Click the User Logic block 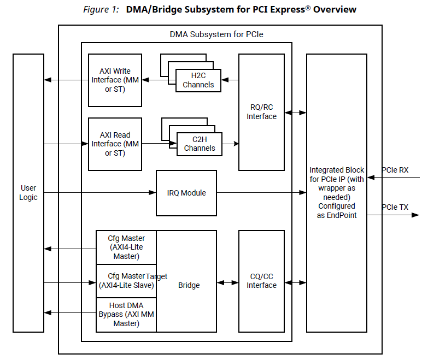[x=28, y=193]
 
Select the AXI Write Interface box [x=115, y=80]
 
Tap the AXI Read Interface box [x=115, y=144]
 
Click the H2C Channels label [x=198, y=80]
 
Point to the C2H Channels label [x=200, y=144]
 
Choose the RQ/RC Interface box [x=261, y=112]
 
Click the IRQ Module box [x=186, y=193]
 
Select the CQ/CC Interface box [x=261, y=281]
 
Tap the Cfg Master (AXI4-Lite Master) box [x=126, y=247]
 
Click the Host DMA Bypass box [x=126, y=315]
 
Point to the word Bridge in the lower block [x=189, y=285]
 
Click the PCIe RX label [x=395, y=170]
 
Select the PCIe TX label [x=395, y=207]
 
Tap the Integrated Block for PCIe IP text [x=336, y=193]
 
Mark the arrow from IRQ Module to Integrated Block [x=261, y=193]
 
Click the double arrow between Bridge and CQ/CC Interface [x=227, y=283]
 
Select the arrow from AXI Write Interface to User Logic [x=66, y=80]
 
